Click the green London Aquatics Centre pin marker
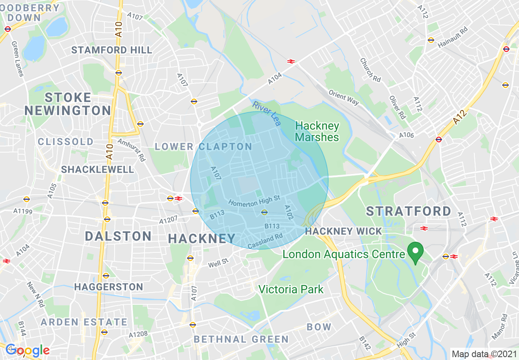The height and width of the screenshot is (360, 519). click(x=416, y=251)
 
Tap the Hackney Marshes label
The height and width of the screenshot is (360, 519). click(x=317, y=131)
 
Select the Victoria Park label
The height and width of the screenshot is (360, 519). click(x=291, y=290)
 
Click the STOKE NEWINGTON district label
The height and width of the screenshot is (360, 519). click(x=68, y=104)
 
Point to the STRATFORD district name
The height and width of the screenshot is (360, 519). click(x=408, y=211)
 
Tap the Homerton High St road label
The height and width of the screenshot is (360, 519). click(x=254, y=200)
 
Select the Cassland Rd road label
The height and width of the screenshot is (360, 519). click(x=265, y=241)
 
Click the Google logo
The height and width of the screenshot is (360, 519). click(x=27, y=350)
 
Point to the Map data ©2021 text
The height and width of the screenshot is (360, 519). click(x=483, y=353)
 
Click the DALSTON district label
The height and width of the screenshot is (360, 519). click(x=118, y=236)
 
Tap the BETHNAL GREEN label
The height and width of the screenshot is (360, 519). click(x=241, y=339)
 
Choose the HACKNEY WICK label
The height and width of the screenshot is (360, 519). click(x=343, y=231)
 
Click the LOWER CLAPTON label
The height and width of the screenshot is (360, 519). click(x=203, y=146)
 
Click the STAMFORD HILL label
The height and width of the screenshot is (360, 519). click(x=112, y=50)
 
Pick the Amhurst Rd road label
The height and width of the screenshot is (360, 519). click(x=131, y=150)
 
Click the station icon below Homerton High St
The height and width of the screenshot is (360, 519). click(x=264, y=212)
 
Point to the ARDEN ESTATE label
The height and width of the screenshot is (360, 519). click(x=84, y=322)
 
